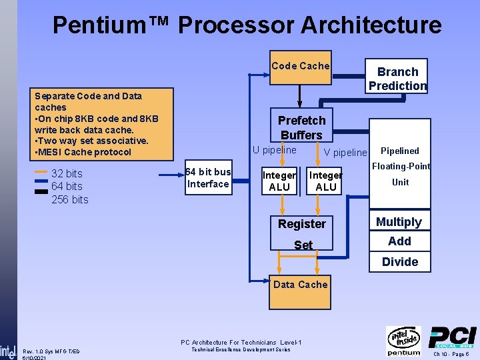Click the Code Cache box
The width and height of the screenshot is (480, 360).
point(300,67)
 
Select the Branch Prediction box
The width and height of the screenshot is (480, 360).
point(397,79)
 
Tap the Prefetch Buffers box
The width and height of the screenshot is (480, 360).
point(301,127)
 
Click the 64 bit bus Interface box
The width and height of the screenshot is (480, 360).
point(208,178)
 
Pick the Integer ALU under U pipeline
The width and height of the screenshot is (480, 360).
point(279,181)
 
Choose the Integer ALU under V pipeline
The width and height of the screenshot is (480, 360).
point(325,181)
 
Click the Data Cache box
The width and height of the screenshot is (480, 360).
point(300,285)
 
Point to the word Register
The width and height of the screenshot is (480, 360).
point(302,224)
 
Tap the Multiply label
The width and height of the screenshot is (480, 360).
point(399,222)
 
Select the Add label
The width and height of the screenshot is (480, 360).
point(399,241)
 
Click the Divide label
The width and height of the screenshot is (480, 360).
point(400,262)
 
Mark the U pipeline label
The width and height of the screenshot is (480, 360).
point(274,150)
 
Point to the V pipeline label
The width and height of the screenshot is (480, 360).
point(345,153)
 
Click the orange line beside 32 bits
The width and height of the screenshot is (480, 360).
point(41,172)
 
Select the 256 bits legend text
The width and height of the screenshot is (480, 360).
point(69,200)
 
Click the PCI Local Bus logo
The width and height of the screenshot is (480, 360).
point(452,339)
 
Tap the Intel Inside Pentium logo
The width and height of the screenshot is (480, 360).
point(403,341)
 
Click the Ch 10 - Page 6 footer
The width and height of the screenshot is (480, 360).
point(451,355)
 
